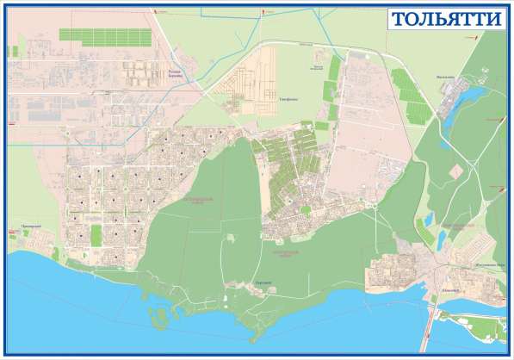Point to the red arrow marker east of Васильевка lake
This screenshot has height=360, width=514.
click(498, 121)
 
